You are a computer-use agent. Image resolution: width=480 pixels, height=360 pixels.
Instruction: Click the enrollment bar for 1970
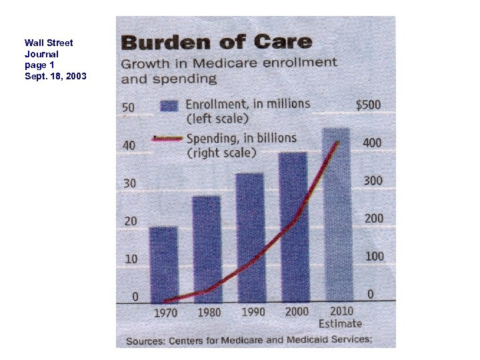point(163,265)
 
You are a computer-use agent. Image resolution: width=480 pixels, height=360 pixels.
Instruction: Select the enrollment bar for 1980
point(206,249)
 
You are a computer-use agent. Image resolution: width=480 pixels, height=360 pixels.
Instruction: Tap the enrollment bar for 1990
point(249,237)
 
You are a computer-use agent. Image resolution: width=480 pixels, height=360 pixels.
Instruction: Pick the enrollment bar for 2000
point(293,227)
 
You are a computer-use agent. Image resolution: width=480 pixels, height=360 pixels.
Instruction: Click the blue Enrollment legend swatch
point(169,106)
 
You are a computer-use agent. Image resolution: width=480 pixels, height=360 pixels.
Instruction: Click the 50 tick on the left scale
point(129,107)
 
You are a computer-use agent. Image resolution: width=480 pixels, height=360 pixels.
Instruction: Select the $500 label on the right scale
point(368,105)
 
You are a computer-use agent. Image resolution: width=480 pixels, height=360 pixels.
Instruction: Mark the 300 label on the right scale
point(371,181)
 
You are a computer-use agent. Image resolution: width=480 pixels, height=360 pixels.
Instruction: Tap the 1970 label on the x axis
point(165,312)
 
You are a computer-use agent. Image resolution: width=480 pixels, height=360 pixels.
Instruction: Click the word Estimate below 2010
point(340,323)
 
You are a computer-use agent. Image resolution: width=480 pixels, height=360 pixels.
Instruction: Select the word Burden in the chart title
point(158,43)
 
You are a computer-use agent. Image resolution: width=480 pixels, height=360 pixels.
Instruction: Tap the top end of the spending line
point(337,142)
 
